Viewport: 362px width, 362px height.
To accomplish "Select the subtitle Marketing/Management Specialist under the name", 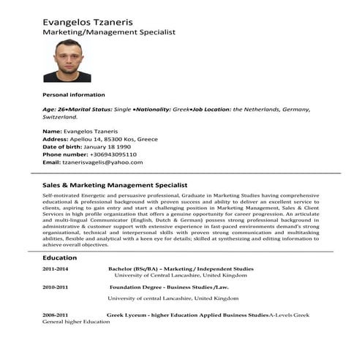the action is click(109, 33).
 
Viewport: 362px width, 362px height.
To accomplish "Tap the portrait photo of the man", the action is click(67, 61).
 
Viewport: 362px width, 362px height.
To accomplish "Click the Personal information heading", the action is click(74, 94).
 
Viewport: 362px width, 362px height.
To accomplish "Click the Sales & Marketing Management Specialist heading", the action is click(116, 186).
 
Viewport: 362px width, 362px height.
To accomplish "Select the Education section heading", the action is click(59, 258).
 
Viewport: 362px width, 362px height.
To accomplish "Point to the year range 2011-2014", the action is click(56, 269).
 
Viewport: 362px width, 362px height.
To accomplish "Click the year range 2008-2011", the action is click(56, 314).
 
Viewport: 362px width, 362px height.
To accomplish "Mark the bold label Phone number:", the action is click(64, 154).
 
